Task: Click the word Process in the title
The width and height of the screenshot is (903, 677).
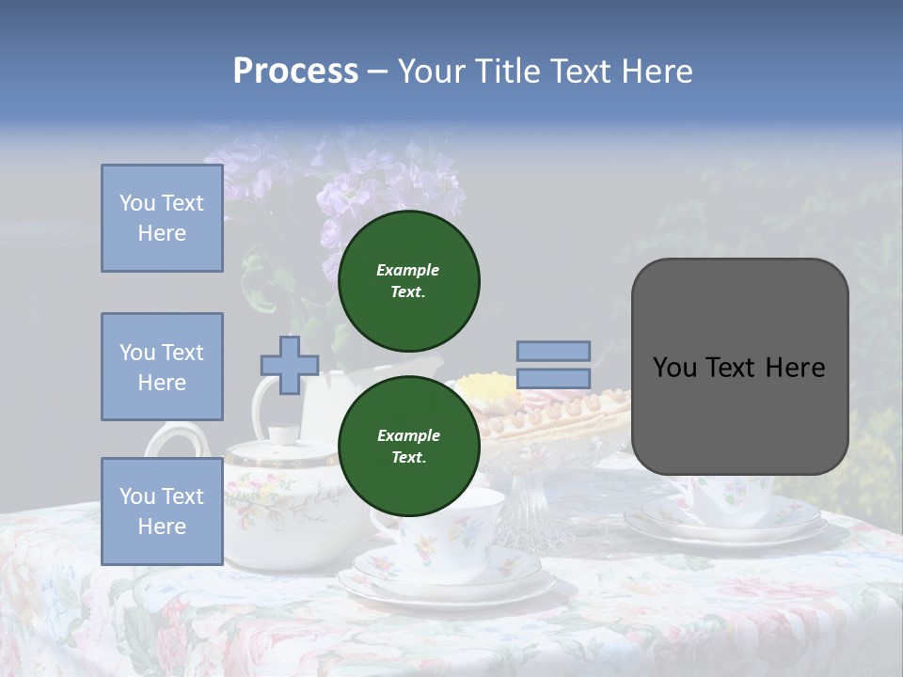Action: [295, 71]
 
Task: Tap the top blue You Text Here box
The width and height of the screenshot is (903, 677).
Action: [162, 218]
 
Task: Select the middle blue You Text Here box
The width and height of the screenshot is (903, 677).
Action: [162, 367]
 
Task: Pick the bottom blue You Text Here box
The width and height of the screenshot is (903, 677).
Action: [162, 511]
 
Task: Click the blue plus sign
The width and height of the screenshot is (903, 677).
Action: [290, 365]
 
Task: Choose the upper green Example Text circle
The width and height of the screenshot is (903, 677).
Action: [408, 280]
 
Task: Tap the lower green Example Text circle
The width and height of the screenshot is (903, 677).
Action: [408, 446]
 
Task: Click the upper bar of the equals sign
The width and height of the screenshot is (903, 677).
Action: [553, 351]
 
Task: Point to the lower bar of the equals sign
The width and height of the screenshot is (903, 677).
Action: [553, 378]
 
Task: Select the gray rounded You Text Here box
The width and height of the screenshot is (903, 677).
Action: [739, 367]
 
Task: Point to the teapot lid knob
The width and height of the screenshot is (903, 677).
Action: [282, 433]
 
